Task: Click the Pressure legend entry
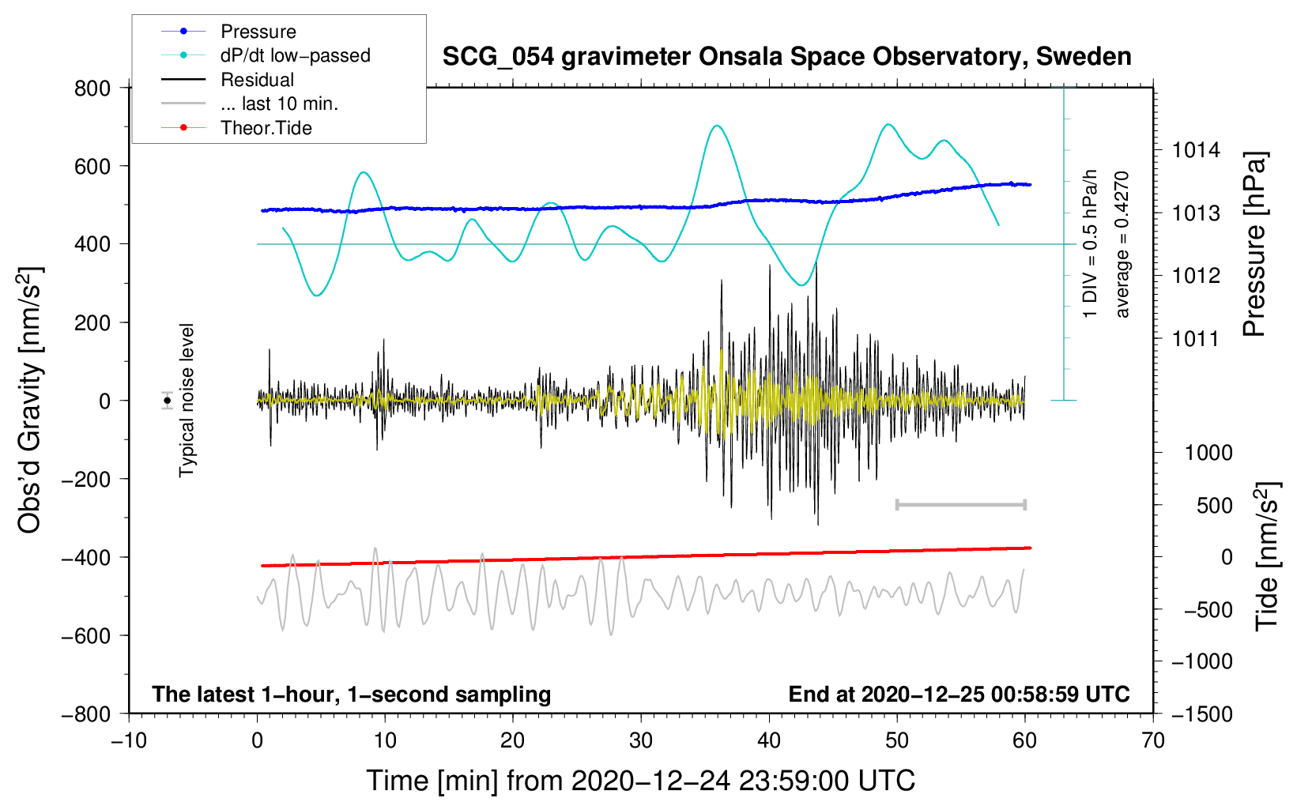[x=258, y=32]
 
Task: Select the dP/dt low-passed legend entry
[x=295, y=55]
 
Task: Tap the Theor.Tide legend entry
[x=266, y=128]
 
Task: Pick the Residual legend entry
[x=257, y=80]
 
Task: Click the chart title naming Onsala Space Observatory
[x=786, y=57]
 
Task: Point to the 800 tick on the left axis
[x=92, y=89]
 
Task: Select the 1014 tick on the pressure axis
[x=1196, y=150]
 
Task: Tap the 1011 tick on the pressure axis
[x=1196, y=339]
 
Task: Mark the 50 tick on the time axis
[x=897, y=740]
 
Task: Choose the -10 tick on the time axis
[x=129, y=740]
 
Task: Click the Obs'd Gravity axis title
[x=29, y=400]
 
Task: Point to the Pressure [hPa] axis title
[x=1254, y=244]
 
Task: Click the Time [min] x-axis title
[x=640, y=781]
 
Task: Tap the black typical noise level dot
[x=168, y=401]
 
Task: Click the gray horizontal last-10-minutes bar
[x=960, y=504]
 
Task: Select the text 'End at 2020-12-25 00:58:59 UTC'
[x=959, y=694]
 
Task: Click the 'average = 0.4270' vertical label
[x=1122, y=244]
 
